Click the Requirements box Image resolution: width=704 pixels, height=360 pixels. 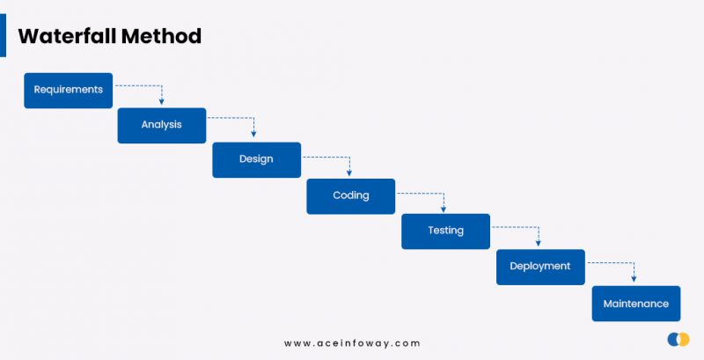pos(68,90)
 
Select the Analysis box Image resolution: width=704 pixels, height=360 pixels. pos(162,125)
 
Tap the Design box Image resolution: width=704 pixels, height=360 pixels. pos(256,159)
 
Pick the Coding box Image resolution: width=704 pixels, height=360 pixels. pos(350,195)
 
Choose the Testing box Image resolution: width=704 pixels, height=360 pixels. pos(445,231)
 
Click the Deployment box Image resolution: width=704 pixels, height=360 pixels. pos(540,267)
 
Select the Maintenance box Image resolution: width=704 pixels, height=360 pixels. pos(635,304)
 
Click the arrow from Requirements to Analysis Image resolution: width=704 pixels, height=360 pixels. pos(150,86)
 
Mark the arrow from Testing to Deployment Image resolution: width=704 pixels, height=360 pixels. pos(527,227)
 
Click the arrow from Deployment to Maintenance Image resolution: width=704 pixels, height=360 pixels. pos(622,262)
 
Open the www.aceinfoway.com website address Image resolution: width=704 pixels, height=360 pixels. pos(352,343)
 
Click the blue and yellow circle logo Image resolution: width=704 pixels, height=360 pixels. pos(678,339)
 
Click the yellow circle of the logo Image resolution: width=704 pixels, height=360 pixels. pos(684,339)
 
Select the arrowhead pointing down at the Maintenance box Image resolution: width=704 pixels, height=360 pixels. pos(634,278)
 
